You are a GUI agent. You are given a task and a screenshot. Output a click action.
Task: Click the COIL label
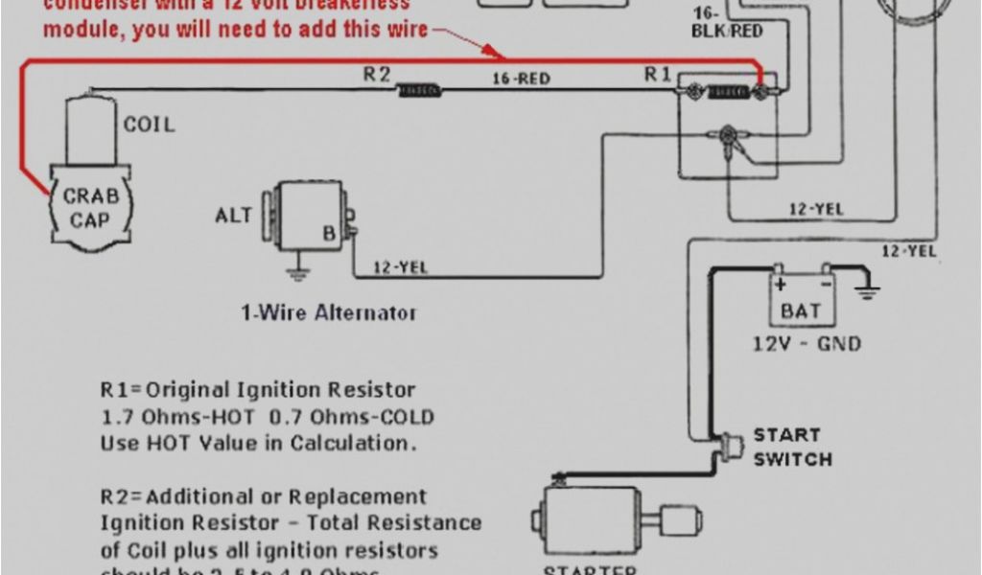click(149, 125)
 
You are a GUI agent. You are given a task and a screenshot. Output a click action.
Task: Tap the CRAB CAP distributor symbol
click(91, 208)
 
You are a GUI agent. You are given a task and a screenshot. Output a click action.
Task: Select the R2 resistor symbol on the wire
click(419, 91)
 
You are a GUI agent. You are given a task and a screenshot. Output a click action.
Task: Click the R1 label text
click(658, 75)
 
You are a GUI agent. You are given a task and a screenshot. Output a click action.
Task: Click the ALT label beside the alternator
click(233, 216)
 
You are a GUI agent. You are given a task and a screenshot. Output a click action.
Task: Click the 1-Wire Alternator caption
click(328, 312)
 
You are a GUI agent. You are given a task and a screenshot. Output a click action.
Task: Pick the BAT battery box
click(801, 299)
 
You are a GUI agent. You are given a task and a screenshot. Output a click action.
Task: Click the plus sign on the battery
click(781, 284)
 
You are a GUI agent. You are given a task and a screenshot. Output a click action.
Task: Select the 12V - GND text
click(807, 343)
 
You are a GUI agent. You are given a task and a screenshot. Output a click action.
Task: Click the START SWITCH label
click(792, 448)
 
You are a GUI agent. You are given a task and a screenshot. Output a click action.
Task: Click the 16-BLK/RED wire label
click(726, 24)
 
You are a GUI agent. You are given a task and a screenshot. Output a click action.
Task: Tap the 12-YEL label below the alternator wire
click(399, 268)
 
